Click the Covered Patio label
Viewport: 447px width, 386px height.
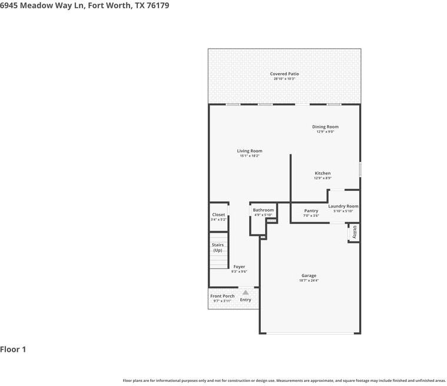point(284,74)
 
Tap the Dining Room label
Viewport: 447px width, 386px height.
point(325,127)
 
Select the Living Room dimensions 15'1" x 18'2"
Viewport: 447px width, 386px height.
point(250,156)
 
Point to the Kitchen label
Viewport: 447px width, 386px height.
point(322,173)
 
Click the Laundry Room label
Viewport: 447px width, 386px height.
point(343,206)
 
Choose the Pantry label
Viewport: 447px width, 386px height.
point(311,211)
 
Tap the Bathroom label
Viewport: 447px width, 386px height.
point(263,210)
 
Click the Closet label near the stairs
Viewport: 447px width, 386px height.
point(218,215)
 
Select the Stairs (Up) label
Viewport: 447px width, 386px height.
point(218,248)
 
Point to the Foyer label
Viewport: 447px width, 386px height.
point(239,267)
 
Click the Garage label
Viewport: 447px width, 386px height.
point(309,276)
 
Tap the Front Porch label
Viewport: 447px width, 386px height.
point(222,296)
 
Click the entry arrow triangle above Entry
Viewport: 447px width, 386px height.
point(246,292)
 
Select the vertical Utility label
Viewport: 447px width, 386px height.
point(355,233)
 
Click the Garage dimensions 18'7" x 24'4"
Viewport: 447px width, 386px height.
point(309,281)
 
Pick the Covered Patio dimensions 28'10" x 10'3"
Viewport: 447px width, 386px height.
point(284,78)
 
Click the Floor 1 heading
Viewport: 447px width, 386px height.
point(13,349)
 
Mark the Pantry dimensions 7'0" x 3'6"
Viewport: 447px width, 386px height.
point(311,216)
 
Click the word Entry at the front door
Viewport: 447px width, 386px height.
point(246,300)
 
